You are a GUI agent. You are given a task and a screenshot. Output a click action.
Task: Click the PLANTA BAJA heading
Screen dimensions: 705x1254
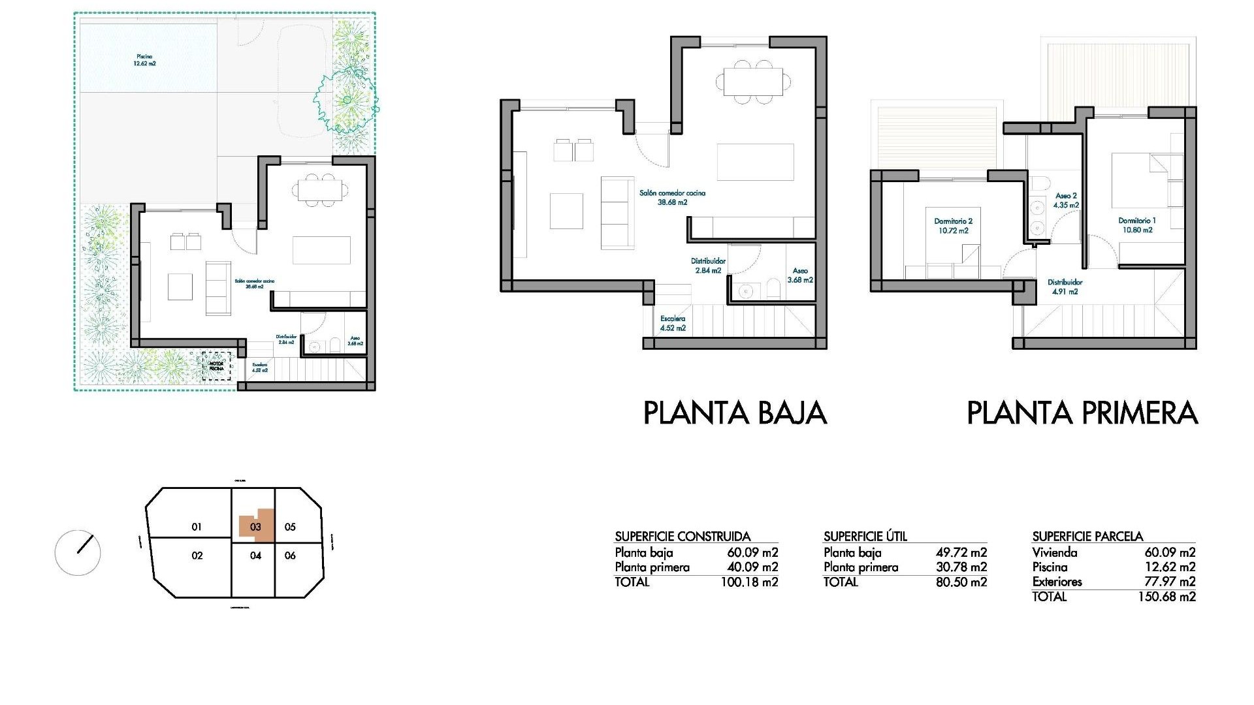pyautogui.click(x=735, y=413)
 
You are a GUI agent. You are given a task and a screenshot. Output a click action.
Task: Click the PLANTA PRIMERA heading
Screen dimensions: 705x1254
pyautogui.click(x=1082, y=413)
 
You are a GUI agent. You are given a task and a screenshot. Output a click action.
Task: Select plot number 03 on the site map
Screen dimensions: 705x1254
pyautogui.click(x=255, y=527)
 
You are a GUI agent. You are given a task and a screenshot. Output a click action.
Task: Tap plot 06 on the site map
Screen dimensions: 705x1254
pyautogui.click(x=290, y=556)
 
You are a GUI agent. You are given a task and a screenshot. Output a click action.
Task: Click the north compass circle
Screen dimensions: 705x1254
pyautogui.click(x=78, y=552)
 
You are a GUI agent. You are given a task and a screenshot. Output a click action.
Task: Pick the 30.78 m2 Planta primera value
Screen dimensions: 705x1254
pyautogui.click(x=961, y=567)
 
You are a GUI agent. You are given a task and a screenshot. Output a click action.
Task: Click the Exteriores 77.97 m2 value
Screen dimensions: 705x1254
pyautogui.click(x=1170, y=582)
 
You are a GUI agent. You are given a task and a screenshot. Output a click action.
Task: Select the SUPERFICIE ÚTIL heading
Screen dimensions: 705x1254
pyautogui.click(x=865, y=537)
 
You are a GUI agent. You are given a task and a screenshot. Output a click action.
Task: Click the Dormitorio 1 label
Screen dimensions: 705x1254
pyautogui.click(x=1137, y=225)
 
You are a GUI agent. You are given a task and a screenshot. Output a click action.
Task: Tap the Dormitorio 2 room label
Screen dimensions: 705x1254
pyautogui.click(x=953, y=226)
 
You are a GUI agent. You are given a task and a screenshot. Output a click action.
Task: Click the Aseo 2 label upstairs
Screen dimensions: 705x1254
pyautogui.click(x=1066, y=200)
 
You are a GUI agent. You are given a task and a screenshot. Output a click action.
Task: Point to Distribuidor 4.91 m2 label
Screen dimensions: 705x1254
pyautogui.click(x=1065, y=287)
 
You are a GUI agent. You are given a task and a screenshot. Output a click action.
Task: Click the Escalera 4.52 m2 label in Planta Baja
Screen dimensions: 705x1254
pyautogui.click(x=673, y=323)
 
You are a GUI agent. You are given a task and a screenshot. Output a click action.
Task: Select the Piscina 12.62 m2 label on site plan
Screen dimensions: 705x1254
pyautogui.click(x=144, y=60)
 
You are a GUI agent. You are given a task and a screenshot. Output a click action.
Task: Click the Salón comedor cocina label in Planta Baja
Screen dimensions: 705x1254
pyautogui.click(x=672, y=198)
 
